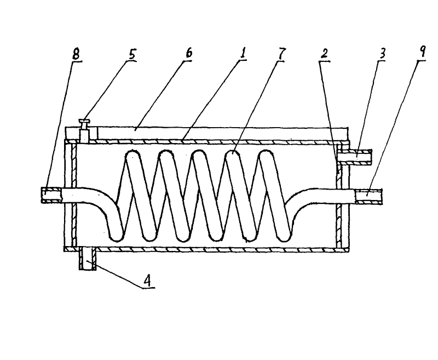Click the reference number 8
[x=76, y=55]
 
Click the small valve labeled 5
[x=84, y=129]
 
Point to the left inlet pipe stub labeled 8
[x=51, y=194]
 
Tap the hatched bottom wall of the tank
[x=208, y=249]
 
